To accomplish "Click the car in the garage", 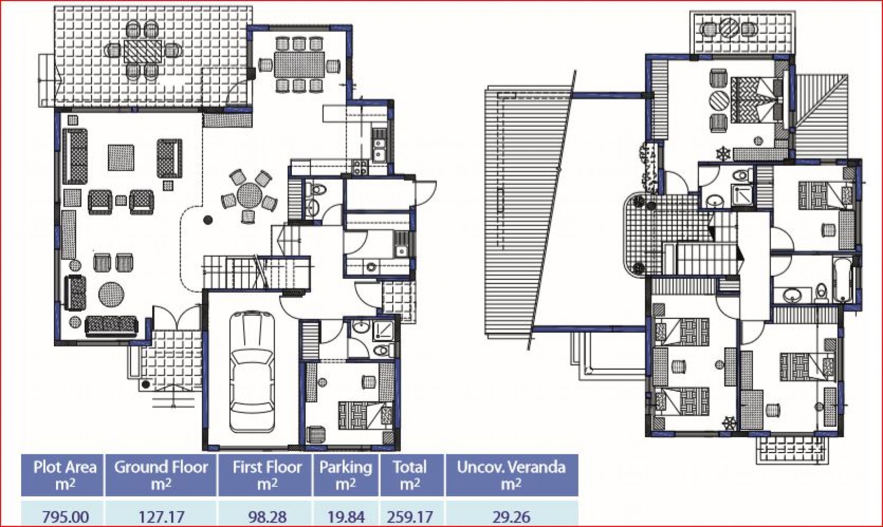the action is pyautogui.click(x=252, y=372).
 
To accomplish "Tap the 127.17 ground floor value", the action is pyautogui.click(x=161, y=517).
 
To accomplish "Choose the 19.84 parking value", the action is pyautogui.click(x=346, y=517).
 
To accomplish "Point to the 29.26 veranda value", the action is pyautogui.click(x=511, y=517).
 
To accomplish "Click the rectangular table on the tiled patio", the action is pyautogui.click(x=143, y=51).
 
